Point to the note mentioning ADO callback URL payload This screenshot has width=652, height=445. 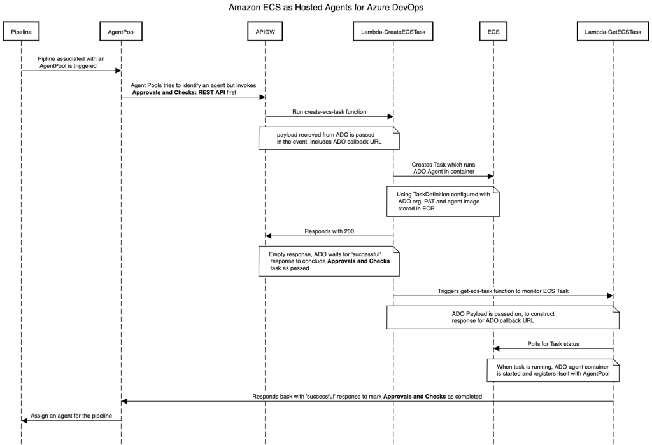point(329,138)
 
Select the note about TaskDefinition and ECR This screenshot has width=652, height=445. point(443,200)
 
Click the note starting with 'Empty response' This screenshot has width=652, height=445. point(329,261)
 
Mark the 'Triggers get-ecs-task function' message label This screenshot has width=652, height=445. point(502,291)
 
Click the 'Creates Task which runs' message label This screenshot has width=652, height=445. point(443,168)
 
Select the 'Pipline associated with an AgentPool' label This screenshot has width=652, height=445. point(71,62)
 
